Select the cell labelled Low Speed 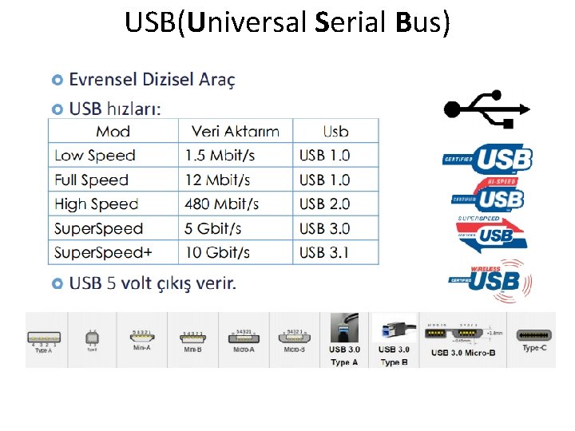click(x=95, y=156)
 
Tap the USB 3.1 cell click(x=324, y=252)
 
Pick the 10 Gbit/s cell click(x=217, y=252)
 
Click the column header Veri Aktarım click(x=236, y=132)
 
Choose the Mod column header click(x=113, y=132)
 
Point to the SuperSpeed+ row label click(x=103, y=252)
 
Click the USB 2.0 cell click(x=324, y=204)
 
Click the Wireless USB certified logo click(x=489, y=279)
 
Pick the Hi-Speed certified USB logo click(x=489, y=196)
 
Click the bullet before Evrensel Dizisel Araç click(x=57, y=80)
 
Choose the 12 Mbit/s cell click(x=217, y=180)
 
